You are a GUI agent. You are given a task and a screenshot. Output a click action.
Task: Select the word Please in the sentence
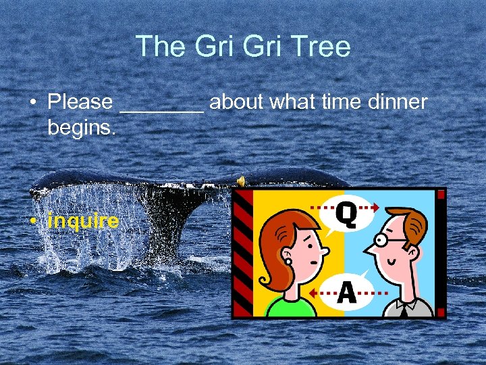point(80,102)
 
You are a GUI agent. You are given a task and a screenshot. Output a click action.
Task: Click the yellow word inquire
point(83,220)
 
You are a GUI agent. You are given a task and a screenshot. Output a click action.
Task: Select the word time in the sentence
point(340,102)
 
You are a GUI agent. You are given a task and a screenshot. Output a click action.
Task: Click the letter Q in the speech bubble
point(346,215)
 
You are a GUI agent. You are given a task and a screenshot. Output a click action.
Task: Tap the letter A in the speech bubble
point(346,292)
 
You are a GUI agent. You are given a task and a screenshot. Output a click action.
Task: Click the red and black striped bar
point(242,253)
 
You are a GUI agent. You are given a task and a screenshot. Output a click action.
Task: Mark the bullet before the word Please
point(32,103)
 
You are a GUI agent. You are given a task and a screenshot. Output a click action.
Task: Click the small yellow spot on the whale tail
point(240,180)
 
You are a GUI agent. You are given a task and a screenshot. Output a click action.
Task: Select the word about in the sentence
point(238,102)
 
